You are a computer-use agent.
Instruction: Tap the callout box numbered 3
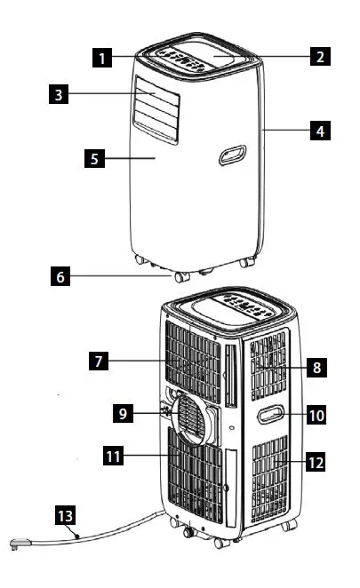(57, 93)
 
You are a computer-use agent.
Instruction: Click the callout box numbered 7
(100, 362)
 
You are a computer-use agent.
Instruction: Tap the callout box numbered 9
(128, 412)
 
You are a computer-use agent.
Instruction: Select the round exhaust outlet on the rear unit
(193, 418)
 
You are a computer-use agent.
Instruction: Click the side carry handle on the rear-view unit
(269, 413)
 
